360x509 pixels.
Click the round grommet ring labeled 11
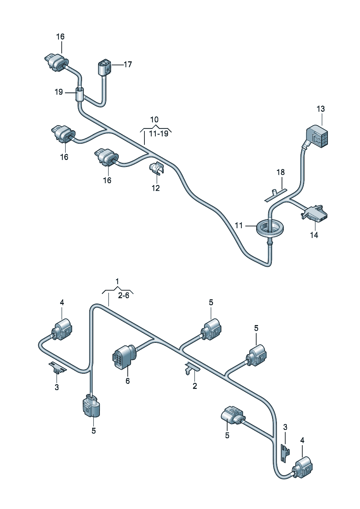[270, 229]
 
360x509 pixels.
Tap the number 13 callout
[320, 109]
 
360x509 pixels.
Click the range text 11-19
[159, 134]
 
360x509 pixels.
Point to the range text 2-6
[123, 296]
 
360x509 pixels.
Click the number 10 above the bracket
[154, 120]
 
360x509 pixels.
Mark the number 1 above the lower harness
[117, 281]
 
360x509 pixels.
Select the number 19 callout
[59, 92]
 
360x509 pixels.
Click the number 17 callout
[127, 65]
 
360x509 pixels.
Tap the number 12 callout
[155, 188]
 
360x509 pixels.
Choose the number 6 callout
[127, 381]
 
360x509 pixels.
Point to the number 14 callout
[314, 235]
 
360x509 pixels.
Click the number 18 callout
[281, 172]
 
